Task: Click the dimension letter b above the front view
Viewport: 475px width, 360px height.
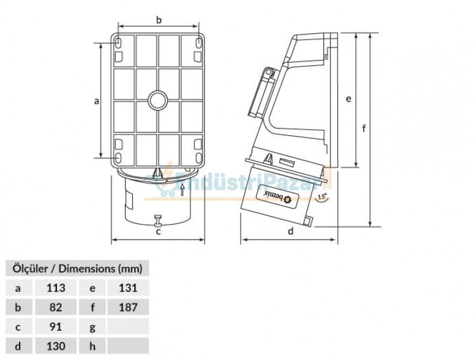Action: [159, 20]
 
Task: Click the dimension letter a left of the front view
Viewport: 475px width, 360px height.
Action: [97, 101]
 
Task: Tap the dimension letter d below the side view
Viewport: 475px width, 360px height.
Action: [291, 232]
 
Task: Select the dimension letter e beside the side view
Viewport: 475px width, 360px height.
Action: [348, 99]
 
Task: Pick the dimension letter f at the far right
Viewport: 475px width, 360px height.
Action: [364, 129]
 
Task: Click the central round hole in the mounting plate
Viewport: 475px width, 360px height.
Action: [158, 101]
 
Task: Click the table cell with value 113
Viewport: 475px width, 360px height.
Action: [56, 287]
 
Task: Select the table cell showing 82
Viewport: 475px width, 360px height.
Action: [56, 307]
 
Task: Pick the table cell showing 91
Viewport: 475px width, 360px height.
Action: [56, 327]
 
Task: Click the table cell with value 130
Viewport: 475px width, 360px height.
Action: [56, 346]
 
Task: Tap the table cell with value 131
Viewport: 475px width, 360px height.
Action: [128, 287]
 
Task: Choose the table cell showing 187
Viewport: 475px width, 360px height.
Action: [128, 307]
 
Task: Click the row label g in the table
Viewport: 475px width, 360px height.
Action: [92, 327]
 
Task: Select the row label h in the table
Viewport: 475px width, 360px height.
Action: [92, 346]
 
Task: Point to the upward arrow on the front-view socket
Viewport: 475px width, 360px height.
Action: [182, 188]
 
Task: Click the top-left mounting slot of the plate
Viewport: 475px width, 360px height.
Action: [118, 44]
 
